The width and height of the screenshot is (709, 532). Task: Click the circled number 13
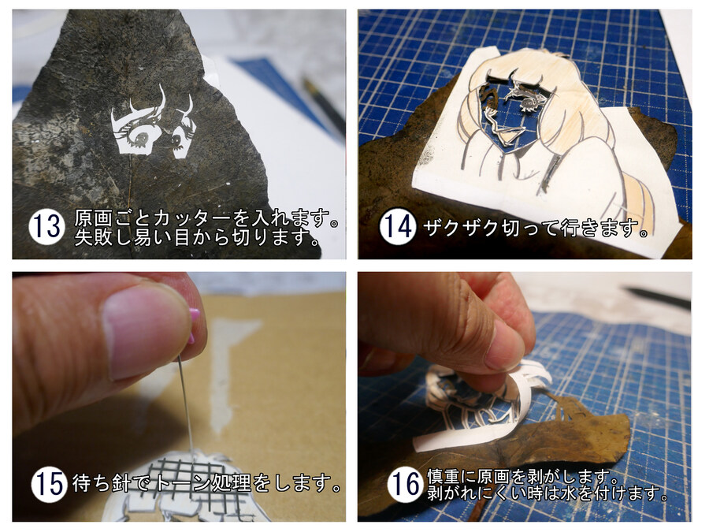click(x=46, y=227)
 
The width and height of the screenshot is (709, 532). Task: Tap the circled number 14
click(x=397, y=227)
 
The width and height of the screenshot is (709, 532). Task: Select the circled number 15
click(x=49, y=484)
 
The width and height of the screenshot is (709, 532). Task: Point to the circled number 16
click(x=405, y=484)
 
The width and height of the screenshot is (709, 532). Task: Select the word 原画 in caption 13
click(x=93, y=218)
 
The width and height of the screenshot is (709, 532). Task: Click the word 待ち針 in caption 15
click(x=100, y=484)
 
